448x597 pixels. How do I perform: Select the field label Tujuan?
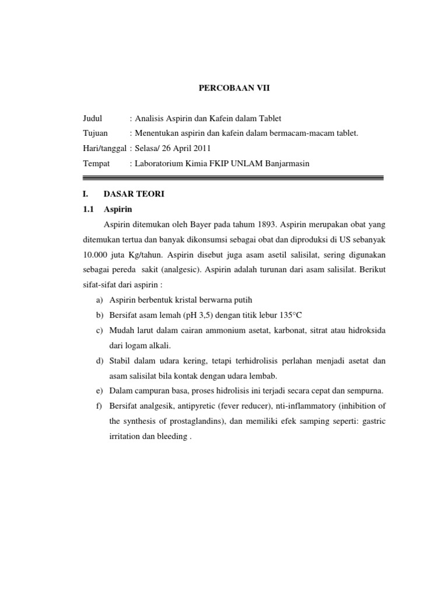coord(96,134)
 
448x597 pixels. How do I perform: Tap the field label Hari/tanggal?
coord(105,149)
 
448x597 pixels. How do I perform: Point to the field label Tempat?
coord(96,164)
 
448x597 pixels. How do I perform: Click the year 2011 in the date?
coord(201,149)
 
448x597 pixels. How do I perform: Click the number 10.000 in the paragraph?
coord(96,255)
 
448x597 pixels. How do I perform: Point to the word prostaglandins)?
coord(200,422)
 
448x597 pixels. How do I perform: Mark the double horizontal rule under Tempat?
coord(233,178)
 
